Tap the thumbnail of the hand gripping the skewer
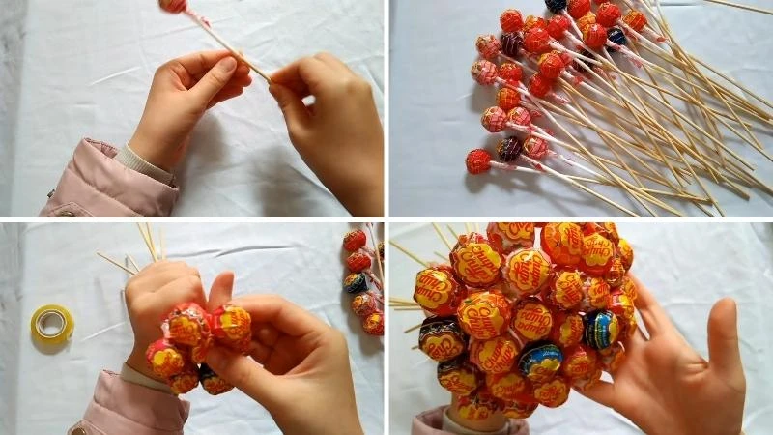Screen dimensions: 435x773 tap(223, 70)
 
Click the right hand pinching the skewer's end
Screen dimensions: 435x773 tap(319, 116)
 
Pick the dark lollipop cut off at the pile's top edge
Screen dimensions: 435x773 tap(556, 4)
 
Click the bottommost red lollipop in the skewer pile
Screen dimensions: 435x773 tap(478, 160)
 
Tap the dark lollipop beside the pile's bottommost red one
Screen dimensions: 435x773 tap(509, 149)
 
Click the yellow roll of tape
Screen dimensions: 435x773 tap(52, 324)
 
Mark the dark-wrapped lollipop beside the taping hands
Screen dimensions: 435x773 tap(356, 283)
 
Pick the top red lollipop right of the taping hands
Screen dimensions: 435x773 tap(355, 240)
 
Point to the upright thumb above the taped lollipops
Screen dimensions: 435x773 tap(220, 288)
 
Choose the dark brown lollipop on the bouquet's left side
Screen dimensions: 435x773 tap(441, 338)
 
